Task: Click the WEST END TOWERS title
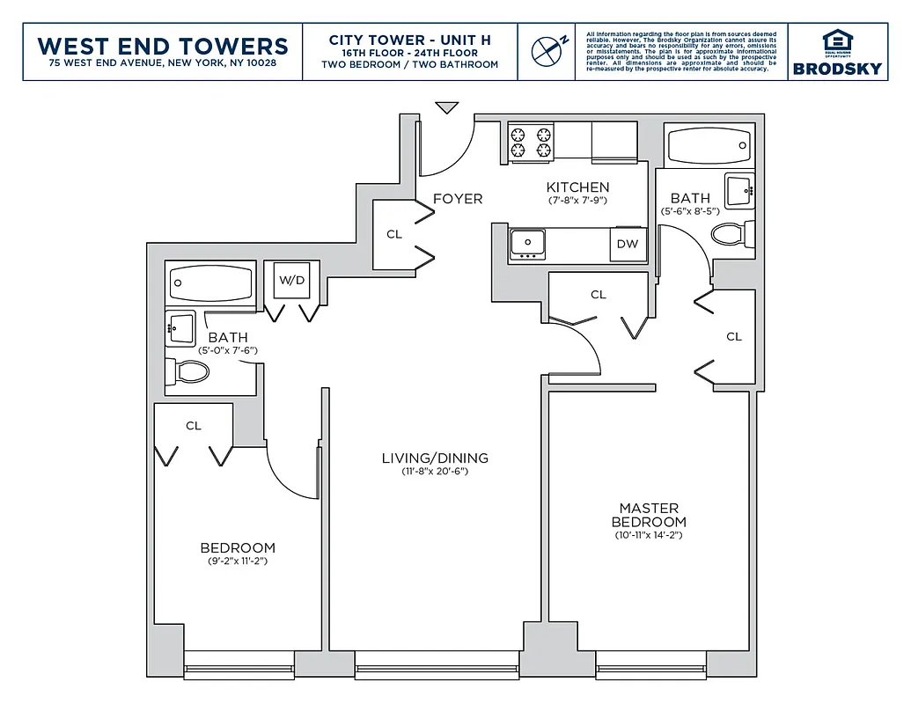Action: (163, 46)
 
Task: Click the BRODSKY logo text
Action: (837, 69)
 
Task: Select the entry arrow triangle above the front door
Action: (447, 107)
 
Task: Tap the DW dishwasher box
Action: (627, 245)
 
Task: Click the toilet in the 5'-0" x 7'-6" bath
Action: (190, 371)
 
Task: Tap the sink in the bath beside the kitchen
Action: (738, 190)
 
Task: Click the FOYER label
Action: (458, 199)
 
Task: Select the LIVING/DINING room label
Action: (435, 458)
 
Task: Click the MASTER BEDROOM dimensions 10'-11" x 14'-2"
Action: (649, 535)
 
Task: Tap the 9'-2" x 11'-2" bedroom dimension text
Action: (237, 561)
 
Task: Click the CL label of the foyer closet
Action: (394, 235)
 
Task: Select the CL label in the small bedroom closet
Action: (194, 426)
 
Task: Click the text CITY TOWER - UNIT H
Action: (409, 40)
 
